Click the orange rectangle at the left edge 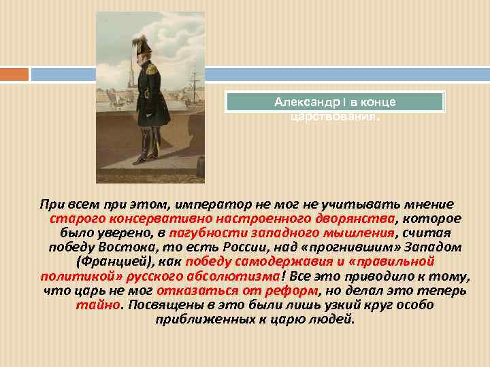pyautogui.click(x=14, y=73)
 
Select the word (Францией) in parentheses pyautogui.click(x=111, y=262)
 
